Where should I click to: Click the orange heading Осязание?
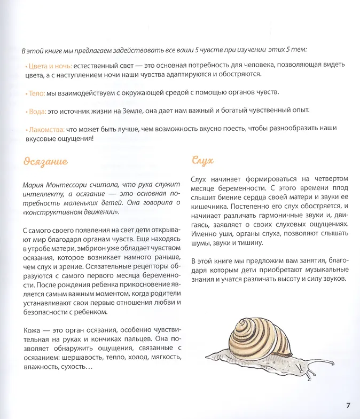pos(45,161)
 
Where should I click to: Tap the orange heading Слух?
pos(202,161)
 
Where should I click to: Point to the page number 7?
pos(348,405)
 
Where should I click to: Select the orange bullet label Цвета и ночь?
pos(46,65)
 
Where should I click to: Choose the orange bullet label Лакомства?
pos(45,129)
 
